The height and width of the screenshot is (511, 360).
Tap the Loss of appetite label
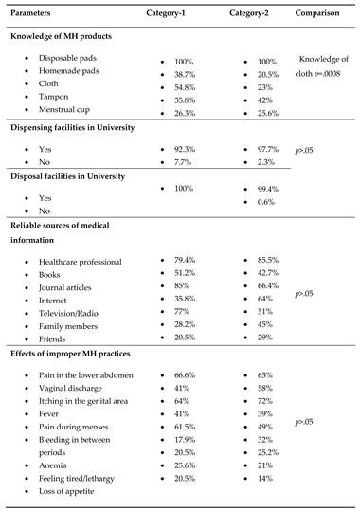pyautogui.click(x=72, y=491)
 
